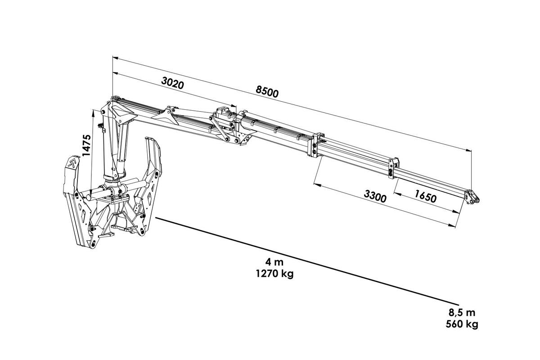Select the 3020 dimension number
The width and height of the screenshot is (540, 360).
173,83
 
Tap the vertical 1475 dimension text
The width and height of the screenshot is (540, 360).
86,145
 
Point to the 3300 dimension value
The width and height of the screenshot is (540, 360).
375,196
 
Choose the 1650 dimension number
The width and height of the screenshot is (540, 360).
426,196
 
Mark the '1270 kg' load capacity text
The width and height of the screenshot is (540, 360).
274,274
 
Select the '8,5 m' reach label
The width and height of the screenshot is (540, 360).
462,312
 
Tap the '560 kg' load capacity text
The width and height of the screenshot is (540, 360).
462,324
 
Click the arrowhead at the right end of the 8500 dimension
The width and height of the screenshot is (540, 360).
468,150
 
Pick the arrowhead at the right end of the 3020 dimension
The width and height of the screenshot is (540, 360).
234,105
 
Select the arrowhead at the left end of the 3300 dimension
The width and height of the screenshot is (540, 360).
316,185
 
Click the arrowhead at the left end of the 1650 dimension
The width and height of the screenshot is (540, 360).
396,193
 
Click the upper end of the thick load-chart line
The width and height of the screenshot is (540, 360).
156,218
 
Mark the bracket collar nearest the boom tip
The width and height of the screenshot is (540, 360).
393,168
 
